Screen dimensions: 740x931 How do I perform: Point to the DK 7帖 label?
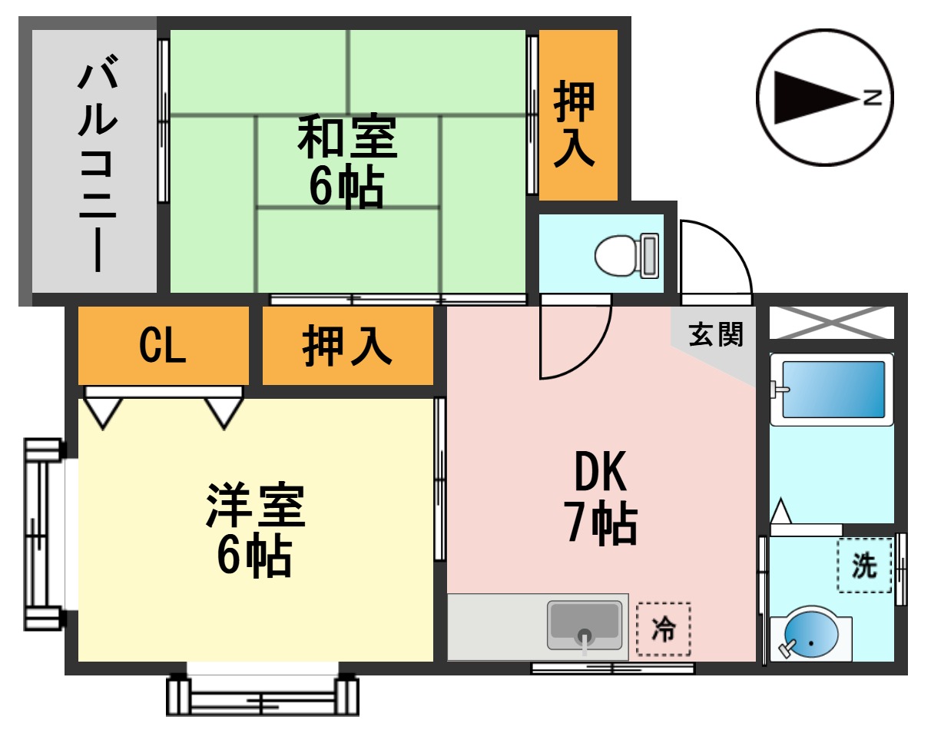point(601,499)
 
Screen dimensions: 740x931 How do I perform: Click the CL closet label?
point(162,347)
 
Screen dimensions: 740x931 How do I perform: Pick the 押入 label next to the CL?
point(347,347)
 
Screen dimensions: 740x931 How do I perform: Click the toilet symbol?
point(626,256)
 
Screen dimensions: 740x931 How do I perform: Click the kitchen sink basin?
point(585,625)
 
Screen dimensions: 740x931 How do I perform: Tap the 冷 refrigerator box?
point(664,629)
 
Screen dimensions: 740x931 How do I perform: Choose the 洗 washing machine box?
point(865,566)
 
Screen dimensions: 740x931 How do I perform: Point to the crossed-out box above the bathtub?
point(831,322)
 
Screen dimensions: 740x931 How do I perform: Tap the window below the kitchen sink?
point(612,668)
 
